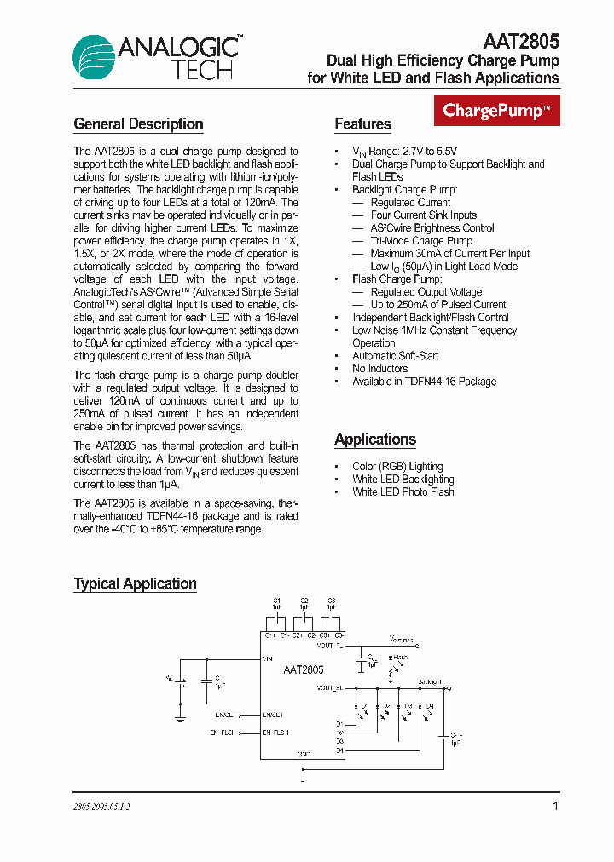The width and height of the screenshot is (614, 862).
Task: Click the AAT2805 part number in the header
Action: pos(521,41)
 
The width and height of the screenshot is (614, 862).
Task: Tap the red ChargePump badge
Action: pos(497,111)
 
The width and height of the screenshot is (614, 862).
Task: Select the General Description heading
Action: pos(138,124)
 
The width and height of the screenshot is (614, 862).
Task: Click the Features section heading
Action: pos(362,124)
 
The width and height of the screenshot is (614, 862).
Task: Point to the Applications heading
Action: pos(375,440)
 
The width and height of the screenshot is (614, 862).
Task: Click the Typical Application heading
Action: pos(135,583)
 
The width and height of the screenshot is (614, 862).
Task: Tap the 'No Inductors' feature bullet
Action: pos(379,369)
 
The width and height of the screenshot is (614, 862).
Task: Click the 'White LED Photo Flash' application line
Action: pos(403,491)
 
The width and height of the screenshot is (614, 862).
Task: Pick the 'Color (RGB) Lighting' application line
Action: pos(397,466)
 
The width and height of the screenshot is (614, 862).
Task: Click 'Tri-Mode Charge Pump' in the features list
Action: pos(421,241)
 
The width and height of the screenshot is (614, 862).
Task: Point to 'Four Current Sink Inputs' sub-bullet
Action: pos(424,215)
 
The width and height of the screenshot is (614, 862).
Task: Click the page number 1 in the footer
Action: pos(555,806)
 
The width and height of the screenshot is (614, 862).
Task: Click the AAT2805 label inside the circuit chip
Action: pos(304,670)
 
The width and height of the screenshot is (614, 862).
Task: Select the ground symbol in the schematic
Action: pos(181,720)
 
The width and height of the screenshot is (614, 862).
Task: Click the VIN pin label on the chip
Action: pos(268,658)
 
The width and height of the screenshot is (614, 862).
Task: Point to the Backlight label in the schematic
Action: pos(431,681)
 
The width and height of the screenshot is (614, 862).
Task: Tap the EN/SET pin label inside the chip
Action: pos(273,715)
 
